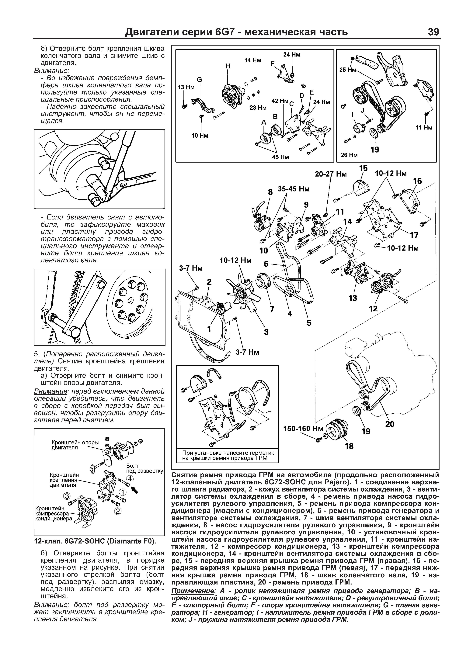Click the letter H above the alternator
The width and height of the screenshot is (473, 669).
pos(228,66)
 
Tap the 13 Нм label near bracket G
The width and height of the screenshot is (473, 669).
pos(186,87)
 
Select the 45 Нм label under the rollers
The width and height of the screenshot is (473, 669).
pos(280,157)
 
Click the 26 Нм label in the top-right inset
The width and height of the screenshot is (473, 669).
pos(349,155)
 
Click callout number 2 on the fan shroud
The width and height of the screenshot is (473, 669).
pos(209,282)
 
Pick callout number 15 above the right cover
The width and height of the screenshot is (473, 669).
pos(363,168)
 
